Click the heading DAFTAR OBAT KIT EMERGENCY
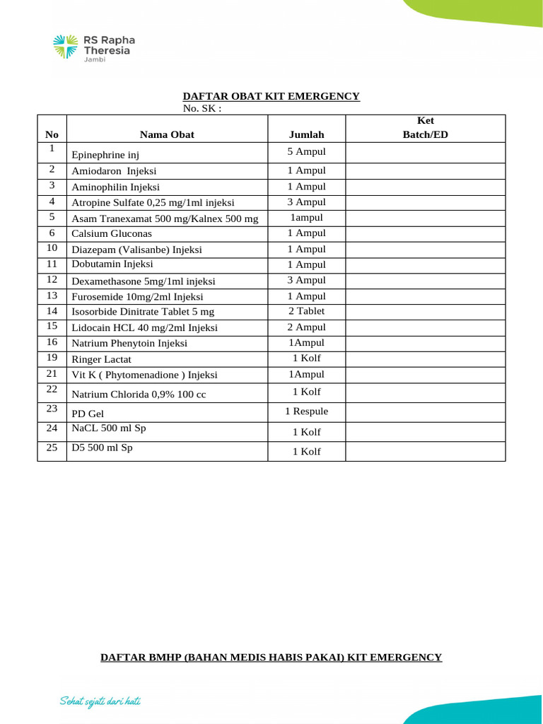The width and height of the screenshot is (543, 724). (x=271, y=96)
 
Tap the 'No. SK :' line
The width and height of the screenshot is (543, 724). (x=202, y=108)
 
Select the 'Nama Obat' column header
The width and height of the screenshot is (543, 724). (x=167, y=134)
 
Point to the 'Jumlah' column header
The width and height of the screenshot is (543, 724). (x=306, y=134)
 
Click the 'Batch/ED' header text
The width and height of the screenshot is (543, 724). (x=425, y=134)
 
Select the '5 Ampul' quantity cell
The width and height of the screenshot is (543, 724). (x=306, y=151)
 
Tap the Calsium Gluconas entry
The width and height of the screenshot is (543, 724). (x=112, y=233)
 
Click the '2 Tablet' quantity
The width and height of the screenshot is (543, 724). (x=306, y=311)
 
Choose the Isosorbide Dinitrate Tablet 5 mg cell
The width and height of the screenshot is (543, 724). (x=143, y=311)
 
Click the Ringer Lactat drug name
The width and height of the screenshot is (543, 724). (x=101, y=359)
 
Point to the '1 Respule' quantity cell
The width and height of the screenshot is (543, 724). (x=306, y=411)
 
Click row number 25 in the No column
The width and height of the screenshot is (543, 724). (x=52, y=448)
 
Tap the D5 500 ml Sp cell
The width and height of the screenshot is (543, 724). (x=102, y=448)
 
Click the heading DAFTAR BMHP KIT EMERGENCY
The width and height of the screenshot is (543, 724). (x=271, y=658)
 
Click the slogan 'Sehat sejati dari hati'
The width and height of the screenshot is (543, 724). (x=100, y=701)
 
